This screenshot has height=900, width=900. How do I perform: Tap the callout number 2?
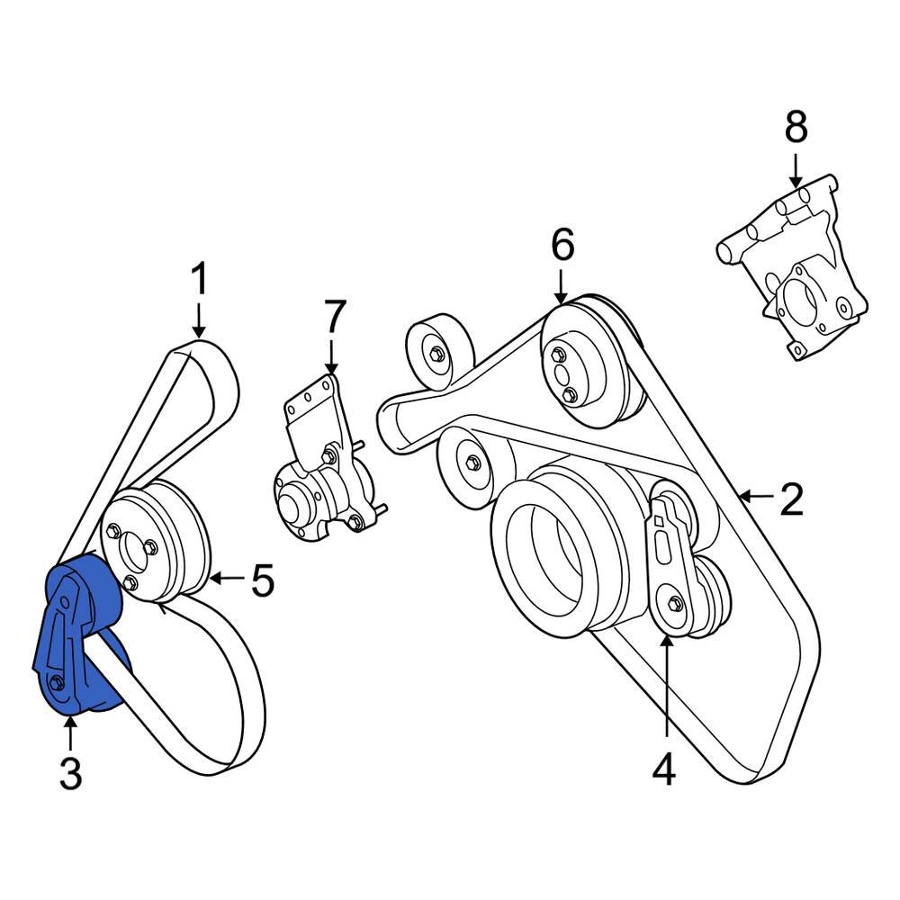791,500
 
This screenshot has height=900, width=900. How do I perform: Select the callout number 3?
70,773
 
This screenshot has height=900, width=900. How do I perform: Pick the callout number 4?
663,770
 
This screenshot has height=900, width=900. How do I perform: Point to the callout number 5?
262,581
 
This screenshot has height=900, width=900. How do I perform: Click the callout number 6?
562,245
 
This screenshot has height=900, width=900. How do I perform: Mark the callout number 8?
796,129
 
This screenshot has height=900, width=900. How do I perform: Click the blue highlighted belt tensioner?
81,639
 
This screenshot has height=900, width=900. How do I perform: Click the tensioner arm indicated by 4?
670,567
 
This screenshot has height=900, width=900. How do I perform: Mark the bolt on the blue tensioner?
56,683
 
